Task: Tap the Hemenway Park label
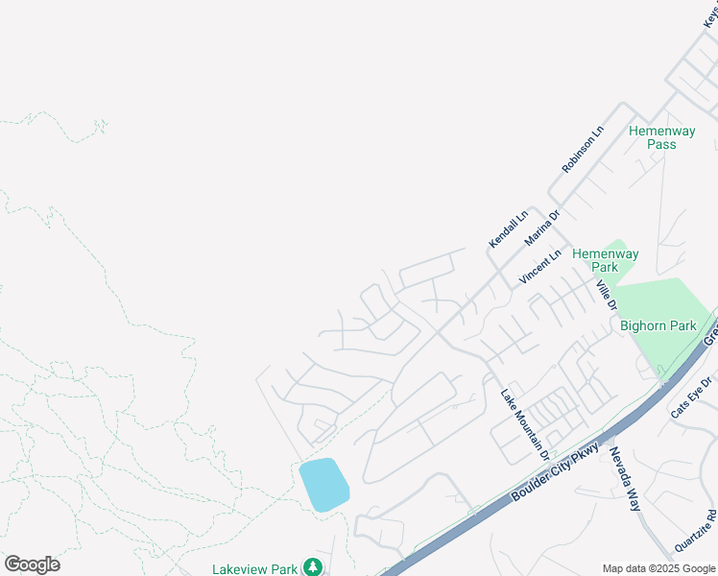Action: [x=605, y=260]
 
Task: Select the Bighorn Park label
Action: [x=658, y=325]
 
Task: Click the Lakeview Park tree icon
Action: [x=312, y=567]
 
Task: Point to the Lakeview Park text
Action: [x=255, y=568]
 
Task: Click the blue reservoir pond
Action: [x=323, y=485]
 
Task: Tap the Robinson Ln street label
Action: [x=584, y=149]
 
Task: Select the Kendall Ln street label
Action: [x=509, y=228]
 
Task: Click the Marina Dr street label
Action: [x=541, y=228]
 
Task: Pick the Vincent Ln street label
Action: [x=539, y=267]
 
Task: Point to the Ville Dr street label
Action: [x=605, y=295]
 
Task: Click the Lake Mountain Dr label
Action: [x=525, y=423]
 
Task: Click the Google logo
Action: [x=32, y=564]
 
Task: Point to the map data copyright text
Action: [x=659, y=568]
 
